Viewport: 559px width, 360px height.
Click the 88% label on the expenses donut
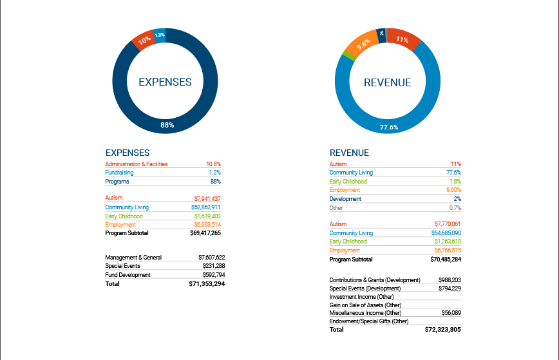[167, 125]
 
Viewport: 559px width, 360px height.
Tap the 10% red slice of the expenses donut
[144, 41]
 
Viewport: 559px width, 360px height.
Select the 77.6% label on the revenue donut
[389, 127]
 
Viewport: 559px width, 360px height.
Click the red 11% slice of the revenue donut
[403, 39]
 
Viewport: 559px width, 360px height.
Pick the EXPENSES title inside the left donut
[165, 82]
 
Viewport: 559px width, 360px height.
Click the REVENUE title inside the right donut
[387, 82]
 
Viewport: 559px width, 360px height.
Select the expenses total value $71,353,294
[207, 283]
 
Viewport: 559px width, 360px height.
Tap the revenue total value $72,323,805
[443, 330]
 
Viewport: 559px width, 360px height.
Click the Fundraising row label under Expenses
[120, 173]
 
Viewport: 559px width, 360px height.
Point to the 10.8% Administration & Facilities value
[213, 164]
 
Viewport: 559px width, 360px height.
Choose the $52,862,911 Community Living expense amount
[207, 207]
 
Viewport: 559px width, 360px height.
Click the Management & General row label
[133, 258]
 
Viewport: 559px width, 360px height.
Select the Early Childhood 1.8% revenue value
[455, 182]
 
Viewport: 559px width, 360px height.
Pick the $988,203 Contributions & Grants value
[448, 280]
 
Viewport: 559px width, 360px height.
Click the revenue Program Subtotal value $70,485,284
[443, 260]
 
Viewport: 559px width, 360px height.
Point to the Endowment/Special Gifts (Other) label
[369, 321]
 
